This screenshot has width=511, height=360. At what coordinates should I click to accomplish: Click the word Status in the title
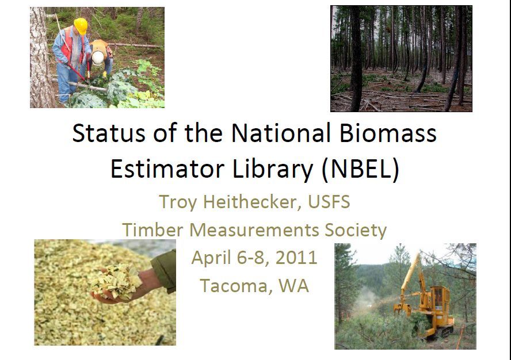[x=109, y=133]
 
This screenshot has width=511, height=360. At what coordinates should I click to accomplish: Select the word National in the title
[x=281, y=133]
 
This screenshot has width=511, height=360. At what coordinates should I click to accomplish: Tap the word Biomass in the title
[x=388, y=133]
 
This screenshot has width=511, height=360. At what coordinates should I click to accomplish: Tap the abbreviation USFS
[x=329, y=202]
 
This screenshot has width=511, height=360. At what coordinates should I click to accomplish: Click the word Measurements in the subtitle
[x=254, y=229]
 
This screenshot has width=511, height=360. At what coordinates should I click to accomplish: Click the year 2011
[x=296, y=258]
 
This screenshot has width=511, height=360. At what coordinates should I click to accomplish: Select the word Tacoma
[x=234, y=286]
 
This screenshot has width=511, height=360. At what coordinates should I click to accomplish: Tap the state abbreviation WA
[x=293, y=286]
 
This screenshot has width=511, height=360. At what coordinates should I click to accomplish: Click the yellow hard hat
[x=81, y=26]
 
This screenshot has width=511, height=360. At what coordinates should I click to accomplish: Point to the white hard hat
[x=98, y=58]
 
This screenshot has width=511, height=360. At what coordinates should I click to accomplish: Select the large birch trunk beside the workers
[x=40, y=58]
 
